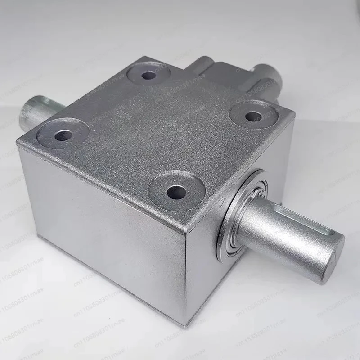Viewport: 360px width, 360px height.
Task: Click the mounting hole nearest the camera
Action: click(x=176, y=193)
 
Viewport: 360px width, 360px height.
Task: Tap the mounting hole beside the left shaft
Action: click(x=63, y=134)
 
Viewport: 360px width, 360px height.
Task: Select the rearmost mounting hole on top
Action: click(x=146, y=75)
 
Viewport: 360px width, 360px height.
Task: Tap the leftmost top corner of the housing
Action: click(x=18, y=143)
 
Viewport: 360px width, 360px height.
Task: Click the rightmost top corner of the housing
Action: click(x=295, y=118)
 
